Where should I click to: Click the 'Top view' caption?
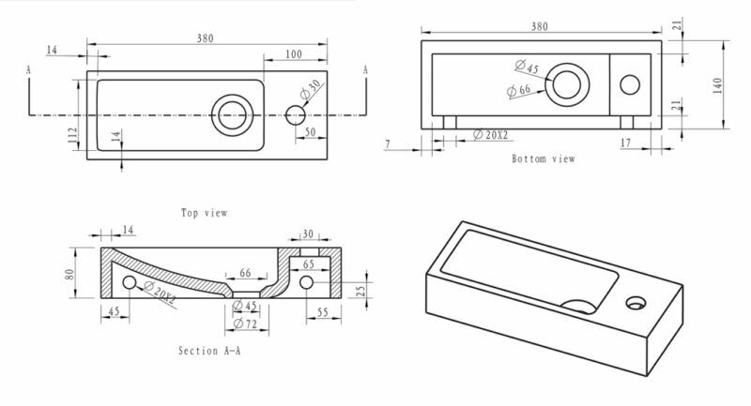pos(205,213)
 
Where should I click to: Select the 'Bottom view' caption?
pos(544,158)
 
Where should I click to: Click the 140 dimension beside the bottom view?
pos(717,84)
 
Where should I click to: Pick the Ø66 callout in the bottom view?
pos(518,90)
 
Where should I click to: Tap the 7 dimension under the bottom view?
pos(387,144)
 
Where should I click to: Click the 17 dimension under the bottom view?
pos(625,143)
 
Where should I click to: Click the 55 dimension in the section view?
pos(323,311)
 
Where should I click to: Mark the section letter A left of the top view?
pos(29,69)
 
